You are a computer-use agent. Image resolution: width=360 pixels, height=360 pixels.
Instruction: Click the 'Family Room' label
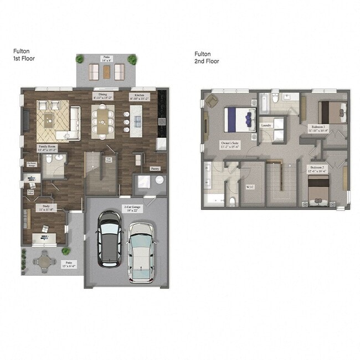click(x=48, y=147)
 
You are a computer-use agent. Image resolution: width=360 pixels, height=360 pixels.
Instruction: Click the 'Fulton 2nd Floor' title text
click(x=207, y=58)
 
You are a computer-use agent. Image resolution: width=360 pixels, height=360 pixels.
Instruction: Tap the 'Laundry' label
click(x=268, y=126)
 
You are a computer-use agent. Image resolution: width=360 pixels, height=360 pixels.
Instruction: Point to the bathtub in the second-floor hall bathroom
click(x=265, y=102)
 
